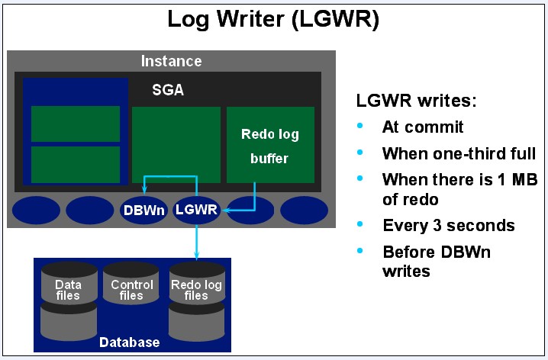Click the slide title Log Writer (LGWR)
click(273, 19)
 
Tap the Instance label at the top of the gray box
click(172, 61)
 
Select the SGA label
click(167, 90)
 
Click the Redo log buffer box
click(269, 145)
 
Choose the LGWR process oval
click(196, 210)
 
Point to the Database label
click(130, 342)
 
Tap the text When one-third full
click(458, 153)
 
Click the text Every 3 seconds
click(448, 226)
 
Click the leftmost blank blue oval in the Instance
click(37, 210)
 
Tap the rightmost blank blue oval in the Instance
click(304, 210)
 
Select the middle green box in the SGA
click(176, 145)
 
